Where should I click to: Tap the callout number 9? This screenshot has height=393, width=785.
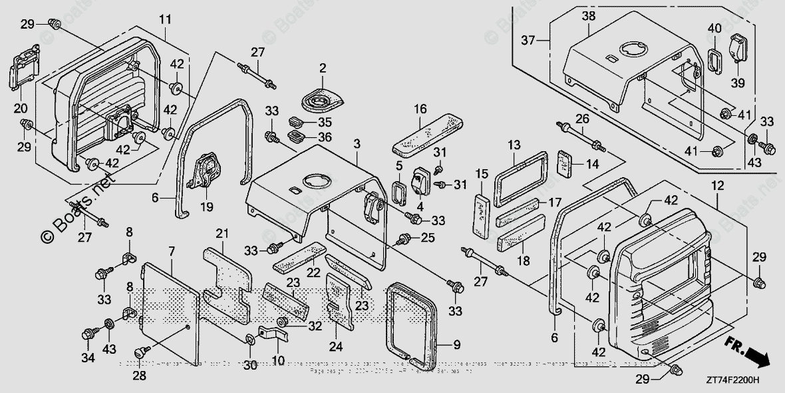[x=456, y=344]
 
